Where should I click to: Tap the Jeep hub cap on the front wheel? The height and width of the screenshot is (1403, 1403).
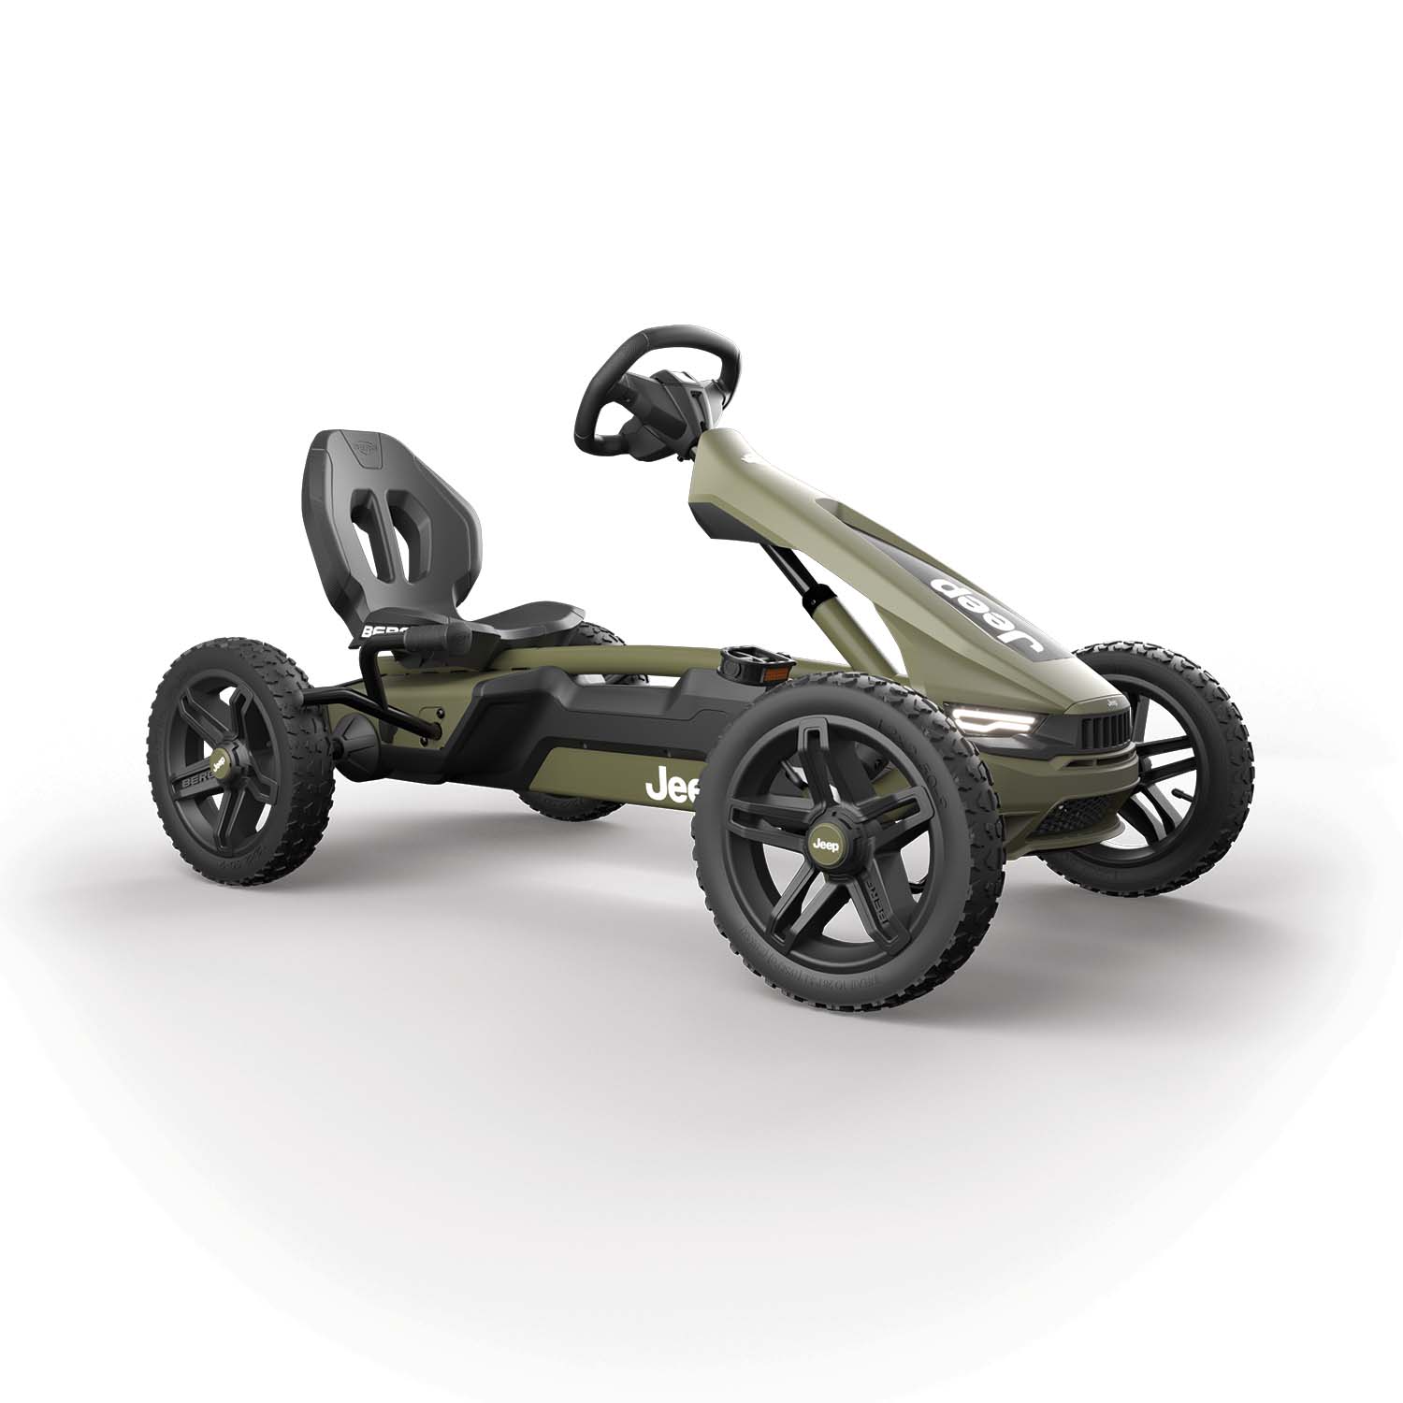pos(826,842)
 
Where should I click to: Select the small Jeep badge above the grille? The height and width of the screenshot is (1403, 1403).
pos(1113,700)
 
